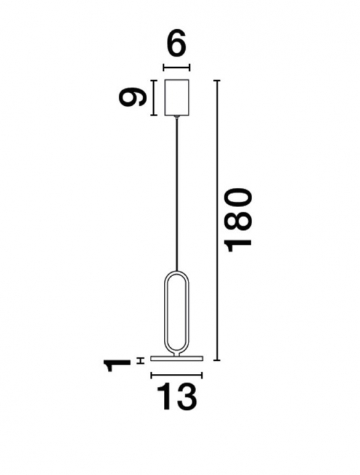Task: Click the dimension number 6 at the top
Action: (176, 45)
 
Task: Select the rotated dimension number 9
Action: (133, 98)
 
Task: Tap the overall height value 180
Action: (239, 220)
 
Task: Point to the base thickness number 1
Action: (116, 366)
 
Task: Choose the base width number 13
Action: (176, 398)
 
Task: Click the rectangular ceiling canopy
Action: (178, 98)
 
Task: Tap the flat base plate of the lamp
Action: (176, 357)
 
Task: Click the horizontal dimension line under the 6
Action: (176, 66)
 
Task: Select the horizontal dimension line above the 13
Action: (176, 375)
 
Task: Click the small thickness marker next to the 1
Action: (140, 360)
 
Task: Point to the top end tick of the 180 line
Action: (218, 81)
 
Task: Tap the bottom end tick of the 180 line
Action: (218, 360)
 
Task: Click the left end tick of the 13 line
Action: (151, 375)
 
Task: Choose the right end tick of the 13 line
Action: (202, 375)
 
